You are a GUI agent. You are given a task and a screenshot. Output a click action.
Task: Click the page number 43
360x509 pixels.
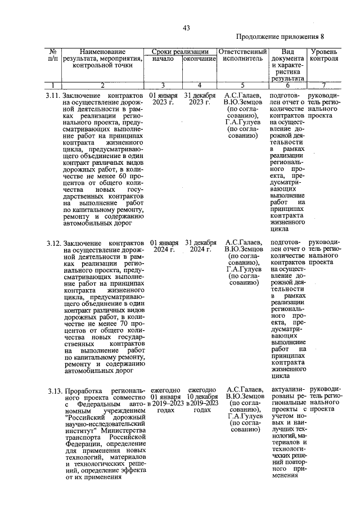point(186,29)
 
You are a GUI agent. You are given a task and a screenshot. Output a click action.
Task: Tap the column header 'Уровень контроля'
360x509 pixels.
point(324,55)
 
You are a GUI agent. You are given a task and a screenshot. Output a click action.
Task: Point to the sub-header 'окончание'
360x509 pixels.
point(199,58)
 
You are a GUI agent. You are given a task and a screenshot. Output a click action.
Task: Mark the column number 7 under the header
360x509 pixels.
point(323,85)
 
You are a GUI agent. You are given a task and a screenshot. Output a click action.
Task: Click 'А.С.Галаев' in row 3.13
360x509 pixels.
point(243,390)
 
